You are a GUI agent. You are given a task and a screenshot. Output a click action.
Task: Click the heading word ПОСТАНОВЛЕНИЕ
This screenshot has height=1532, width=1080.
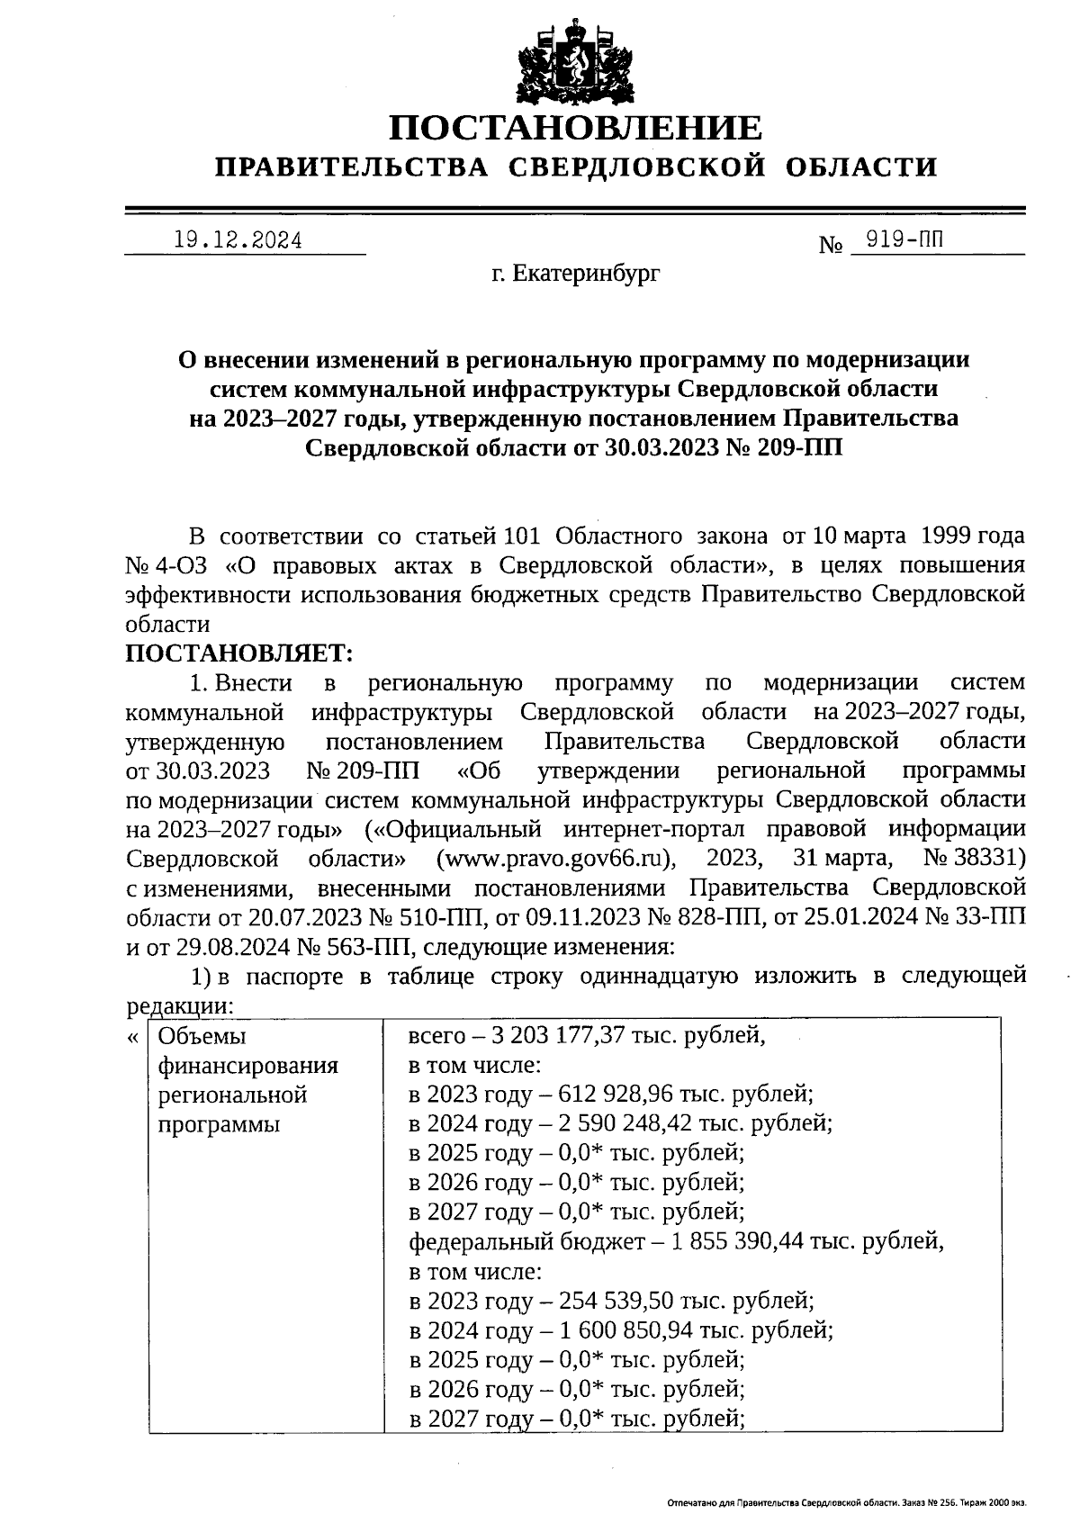574,128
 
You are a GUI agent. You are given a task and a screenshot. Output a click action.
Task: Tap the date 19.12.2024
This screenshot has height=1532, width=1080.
238,240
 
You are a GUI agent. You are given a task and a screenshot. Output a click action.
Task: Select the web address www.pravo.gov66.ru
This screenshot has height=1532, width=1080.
555,857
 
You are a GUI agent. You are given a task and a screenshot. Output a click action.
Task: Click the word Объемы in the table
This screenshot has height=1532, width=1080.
202,1036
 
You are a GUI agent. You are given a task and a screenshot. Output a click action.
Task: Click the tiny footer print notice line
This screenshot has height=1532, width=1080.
846,1502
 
